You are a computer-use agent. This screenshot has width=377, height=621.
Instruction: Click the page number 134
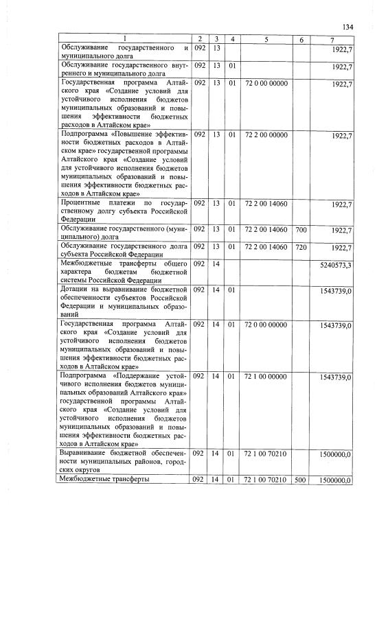coord(348,27)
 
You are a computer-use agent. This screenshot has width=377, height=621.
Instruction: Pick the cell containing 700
coord(301,230)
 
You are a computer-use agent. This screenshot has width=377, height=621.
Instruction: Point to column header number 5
coord(266,39)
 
